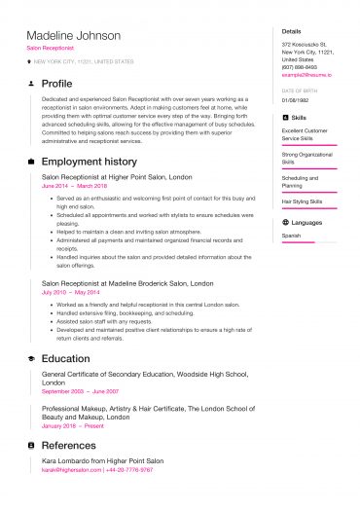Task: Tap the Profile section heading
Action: point(57,84)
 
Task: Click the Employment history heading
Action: point(90,161)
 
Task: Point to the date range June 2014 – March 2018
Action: point(74,185)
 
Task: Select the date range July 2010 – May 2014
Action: point(70,291)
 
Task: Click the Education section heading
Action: point(66,358)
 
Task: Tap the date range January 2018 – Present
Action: point(72,425)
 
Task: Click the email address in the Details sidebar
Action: point(306,74)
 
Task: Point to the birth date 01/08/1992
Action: point(296,99)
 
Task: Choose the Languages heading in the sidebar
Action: point(306,222)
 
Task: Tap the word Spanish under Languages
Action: point(292,236)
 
